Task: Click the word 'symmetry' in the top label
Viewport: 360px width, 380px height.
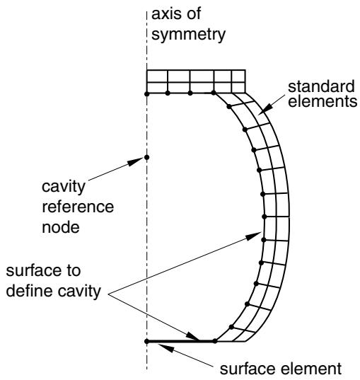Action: [188, 35]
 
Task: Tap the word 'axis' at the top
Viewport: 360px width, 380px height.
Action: [167, 13]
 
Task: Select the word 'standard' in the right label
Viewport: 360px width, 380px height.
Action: [321, 86]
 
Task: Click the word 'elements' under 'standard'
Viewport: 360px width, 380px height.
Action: [323, 100]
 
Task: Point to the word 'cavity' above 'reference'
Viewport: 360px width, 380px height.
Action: [64, 187]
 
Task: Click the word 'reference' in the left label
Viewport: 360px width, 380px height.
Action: [78, 207]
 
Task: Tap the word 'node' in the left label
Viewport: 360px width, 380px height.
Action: [61, 227]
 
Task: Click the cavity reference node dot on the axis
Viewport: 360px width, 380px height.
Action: [147, 158]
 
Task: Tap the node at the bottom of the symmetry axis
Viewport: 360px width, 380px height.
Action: [147, 341]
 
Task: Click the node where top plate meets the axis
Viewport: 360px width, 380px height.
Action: [147, 94]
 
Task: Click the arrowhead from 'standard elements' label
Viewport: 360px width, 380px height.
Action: [267, 108]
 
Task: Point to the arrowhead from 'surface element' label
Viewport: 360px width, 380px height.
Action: [166, 347]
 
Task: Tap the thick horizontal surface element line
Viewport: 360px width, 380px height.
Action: [181, 341]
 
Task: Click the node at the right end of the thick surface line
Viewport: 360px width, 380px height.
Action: [215, 341]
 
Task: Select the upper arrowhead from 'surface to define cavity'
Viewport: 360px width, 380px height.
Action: [253, 236]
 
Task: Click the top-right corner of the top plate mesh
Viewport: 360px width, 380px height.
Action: [245, 70]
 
